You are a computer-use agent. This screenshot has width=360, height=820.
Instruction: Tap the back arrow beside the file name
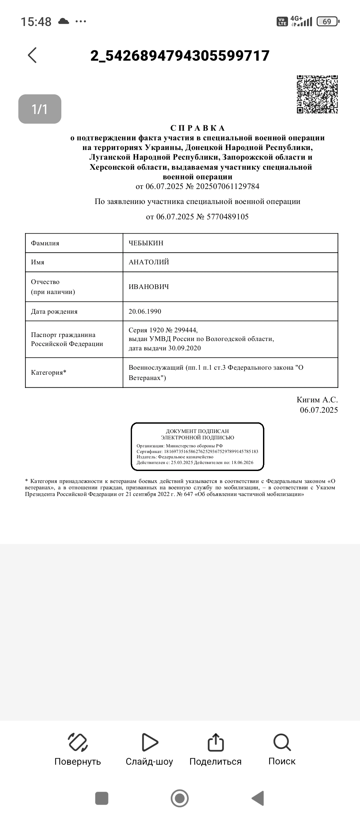click(32, 55)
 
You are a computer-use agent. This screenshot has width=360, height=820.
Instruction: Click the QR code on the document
click(317, 94)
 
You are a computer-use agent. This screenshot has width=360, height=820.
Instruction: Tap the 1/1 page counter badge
click(40, 109)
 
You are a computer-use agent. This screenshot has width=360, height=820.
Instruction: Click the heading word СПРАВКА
click(198, 128)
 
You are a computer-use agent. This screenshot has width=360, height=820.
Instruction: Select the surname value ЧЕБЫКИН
click(146, 243)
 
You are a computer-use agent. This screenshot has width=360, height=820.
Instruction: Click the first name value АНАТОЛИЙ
click(149, 262)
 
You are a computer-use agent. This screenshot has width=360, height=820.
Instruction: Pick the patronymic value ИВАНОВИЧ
click(149, 287)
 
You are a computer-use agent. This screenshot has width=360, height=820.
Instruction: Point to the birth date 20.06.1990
click(145, 311)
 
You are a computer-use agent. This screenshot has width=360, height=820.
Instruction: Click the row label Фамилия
click(45, 243)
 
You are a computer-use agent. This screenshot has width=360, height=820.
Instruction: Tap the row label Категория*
click(49, 372)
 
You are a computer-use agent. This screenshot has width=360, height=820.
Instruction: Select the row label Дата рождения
click(54, 311)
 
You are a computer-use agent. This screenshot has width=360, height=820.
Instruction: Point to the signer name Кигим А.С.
click(317, 400)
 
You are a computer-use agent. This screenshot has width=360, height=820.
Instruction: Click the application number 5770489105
click(227, 217)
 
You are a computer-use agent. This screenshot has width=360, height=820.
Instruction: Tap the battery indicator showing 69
click(327, 22)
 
